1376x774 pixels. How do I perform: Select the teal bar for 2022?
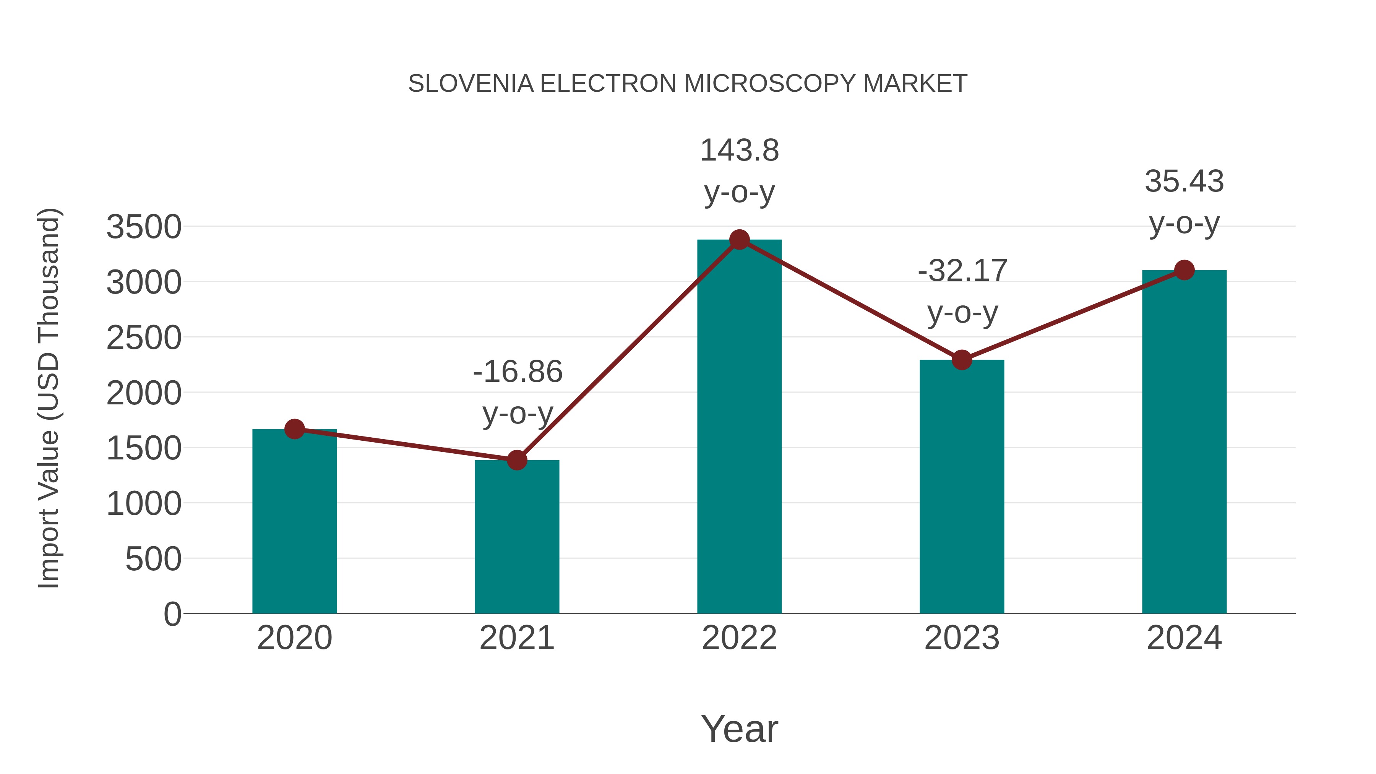point(739,427)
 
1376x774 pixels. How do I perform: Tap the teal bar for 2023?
point(962,486)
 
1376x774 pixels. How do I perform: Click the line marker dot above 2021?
point(516,460)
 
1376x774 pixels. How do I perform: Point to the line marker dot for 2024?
point(1184,270)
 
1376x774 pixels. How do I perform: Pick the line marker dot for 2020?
point(294,429)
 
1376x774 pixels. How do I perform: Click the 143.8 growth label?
point(739,151)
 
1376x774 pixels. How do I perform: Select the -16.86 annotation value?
point(518,372)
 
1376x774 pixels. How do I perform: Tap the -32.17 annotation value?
point(962,271)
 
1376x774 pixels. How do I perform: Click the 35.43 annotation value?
point(1184,182)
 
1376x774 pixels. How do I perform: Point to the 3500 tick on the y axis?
point(144,227)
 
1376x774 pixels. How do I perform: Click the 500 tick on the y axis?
point(153,559)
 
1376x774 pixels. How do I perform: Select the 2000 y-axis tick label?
point(144,394)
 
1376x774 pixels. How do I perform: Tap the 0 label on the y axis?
point(172,614)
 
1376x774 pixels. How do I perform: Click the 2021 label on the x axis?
point(516,638)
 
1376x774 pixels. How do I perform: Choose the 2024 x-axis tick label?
point(1184,638)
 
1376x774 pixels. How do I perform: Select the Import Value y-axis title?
point(49,398)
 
